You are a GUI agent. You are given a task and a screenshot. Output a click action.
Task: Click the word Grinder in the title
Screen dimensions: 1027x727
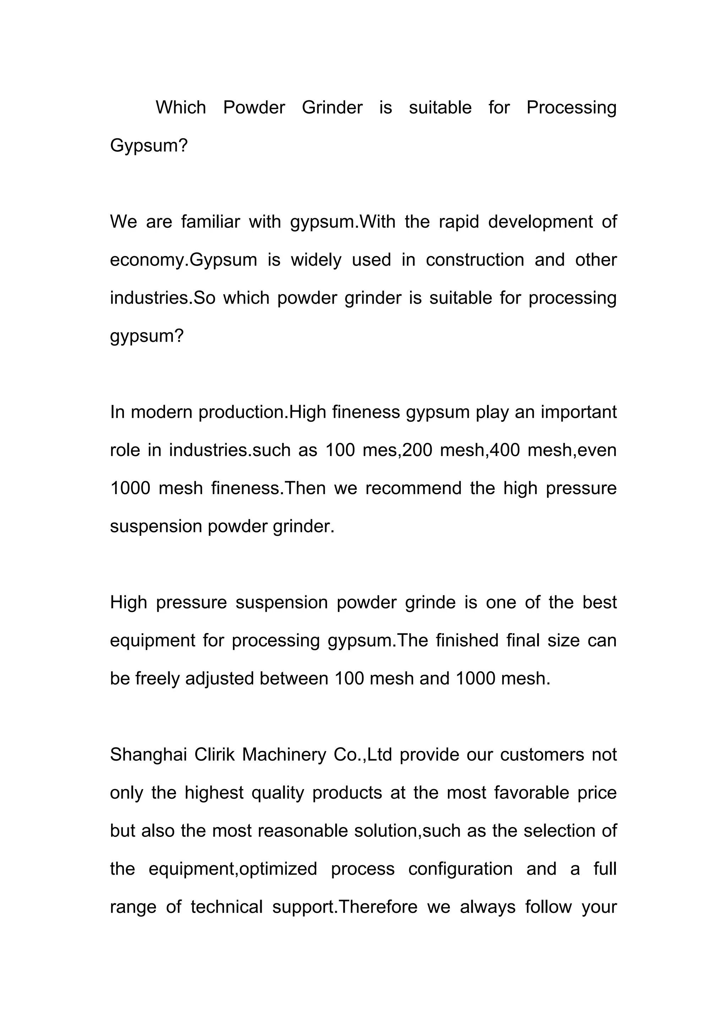(x=332, y=108)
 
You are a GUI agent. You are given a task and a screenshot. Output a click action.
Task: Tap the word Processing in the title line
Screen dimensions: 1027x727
(x=571, y=108)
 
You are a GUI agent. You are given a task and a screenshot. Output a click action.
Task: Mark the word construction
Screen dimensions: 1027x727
(x=475, y=260)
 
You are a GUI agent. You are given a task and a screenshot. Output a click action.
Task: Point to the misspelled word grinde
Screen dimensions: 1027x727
(x=430, y=603)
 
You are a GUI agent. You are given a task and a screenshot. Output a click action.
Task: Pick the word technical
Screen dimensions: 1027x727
(x=226, y=907)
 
